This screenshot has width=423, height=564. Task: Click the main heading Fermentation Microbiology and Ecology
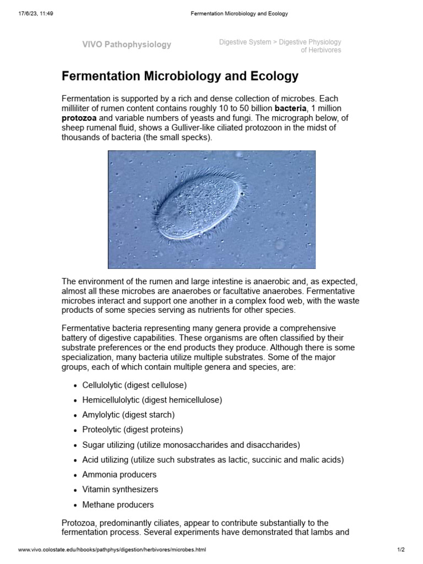tap(180, 76)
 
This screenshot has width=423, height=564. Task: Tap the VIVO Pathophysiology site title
tap(127, 45)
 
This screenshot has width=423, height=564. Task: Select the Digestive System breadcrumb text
tap(245, 42)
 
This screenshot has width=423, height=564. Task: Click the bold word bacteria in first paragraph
tap(290, 109)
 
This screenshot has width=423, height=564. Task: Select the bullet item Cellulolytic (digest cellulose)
tap(134, 385)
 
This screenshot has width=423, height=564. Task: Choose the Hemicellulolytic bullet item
tap(144, 400)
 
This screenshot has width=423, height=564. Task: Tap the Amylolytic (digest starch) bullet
tap(128, 415)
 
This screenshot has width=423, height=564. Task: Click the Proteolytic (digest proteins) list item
tap(132, 430)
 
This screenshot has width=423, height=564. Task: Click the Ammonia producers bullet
tap(120, 474)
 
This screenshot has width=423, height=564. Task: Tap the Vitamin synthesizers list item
tap(120, 489)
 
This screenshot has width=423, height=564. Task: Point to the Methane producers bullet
tap(118, 505)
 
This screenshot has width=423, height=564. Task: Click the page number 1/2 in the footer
tap(401, 550)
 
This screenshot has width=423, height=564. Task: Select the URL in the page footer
tap(112, 550)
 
